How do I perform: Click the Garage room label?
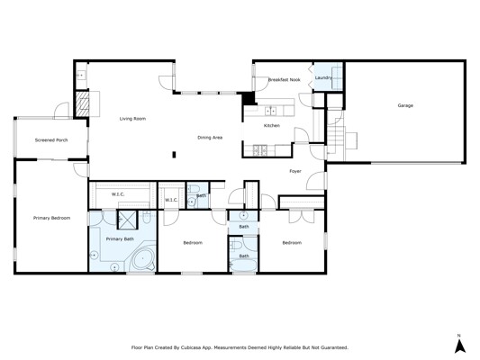pos(405,105)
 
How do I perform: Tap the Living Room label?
pos(132,119)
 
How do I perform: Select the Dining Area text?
pos(210,138)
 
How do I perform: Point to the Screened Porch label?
pos(51,140)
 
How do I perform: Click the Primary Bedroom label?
pos(51,218)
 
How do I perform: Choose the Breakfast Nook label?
pos(284,80)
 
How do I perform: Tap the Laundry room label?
pos(323,78)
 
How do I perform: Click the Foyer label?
pos(295,171)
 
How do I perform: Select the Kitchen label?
pos(272,126)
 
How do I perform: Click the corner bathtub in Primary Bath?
pos(142,259)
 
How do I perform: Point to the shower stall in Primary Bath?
pos(128,220)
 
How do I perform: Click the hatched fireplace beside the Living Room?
pos(82,104)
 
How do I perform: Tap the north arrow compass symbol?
pos(460,346)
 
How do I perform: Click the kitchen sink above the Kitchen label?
pos(270,111)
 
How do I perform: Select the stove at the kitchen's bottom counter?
pos(260,150)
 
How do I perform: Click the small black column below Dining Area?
pos(174,155)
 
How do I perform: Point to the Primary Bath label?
pos(120,239)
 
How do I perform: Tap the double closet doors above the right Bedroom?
pos(302,216)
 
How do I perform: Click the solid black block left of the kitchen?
pos(249,98)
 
